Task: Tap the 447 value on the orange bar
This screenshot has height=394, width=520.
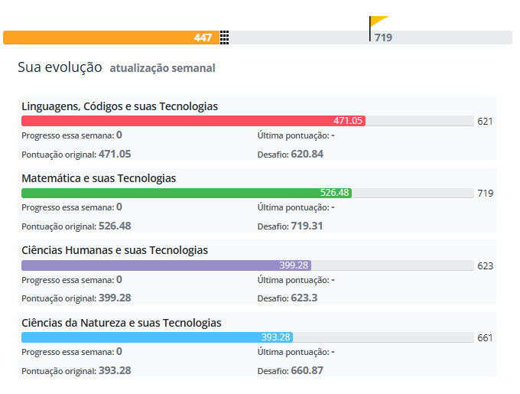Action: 203,37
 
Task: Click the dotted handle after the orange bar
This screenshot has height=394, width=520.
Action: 225,37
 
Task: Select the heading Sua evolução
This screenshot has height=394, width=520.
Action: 60,67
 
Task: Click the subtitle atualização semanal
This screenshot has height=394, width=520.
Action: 162,68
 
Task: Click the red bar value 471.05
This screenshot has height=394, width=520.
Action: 348,121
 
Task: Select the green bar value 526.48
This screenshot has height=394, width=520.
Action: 335,193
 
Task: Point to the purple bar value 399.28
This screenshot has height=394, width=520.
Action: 294,265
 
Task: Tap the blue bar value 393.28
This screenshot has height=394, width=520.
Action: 276,337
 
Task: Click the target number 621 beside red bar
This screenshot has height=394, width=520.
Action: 485,122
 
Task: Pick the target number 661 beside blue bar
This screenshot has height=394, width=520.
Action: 485,338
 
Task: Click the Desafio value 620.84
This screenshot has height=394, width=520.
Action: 307,154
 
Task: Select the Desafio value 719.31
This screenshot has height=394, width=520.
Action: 307,226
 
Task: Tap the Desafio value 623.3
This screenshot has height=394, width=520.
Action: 304,298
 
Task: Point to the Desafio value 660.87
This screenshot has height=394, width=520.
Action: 307,370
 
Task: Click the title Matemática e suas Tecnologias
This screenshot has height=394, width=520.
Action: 99,178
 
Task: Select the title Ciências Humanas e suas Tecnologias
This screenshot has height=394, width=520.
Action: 115,250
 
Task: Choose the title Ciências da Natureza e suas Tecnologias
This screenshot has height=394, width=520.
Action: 122,323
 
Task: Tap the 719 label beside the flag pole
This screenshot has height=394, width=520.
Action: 383,37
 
